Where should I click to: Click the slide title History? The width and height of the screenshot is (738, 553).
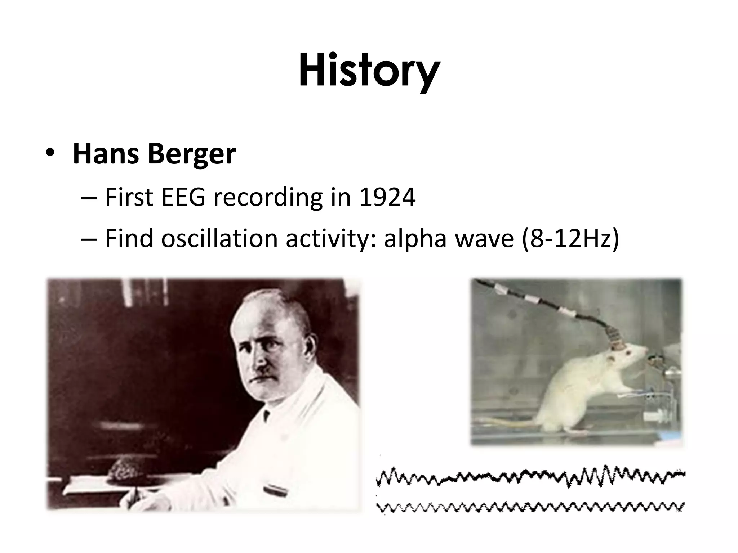pyautogui.click(x=369, y=70)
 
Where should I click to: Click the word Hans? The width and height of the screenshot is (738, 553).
pyautogui.click(x=106, y=154)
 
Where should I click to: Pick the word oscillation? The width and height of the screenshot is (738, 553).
pyautogui.click(x=219, y=238)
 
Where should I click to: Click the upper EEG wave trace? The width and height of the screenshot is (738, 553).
pyautogui.click(x=530, y=477)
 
